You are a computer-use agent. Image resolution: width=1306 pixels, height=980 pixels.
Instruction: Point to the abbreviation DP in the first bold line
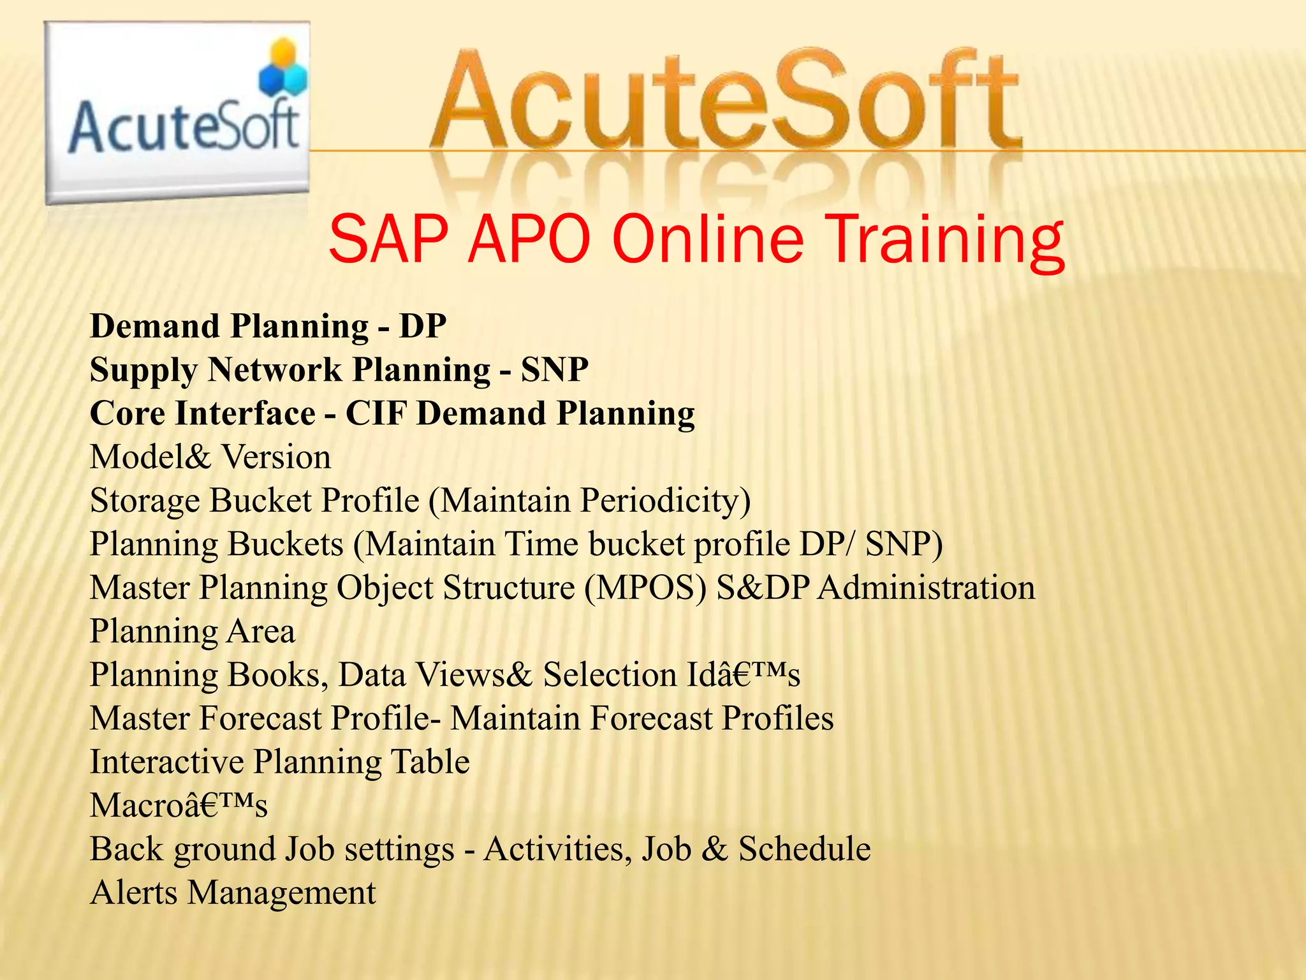(x=422, y=326)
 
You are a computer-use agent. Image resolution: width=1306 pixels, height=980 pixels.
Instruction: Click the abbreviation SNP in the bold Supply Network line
(x=554, y=369)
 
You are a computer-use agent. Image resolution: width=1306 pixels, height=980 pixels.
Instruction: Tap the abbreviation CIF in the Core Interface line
(x=376, y=413)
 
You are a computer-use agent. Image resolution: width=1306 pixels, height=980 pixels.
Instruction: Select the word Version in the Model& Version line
(x=275, y=457)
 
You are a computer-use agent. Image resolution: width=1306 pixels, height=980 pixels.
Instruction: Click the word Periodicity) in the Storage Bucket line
(x=665, y=500)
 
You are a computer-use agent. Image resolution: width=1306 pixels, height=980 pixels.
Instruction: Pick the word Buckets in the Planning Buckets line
(x=285, y=544)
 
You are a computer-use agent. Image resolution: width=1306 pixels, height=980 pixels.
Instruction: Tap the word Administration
(x=926, y=588)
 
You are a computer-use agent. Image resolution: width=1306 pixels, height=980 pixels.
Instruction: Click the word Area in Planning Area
(x=260, y=631)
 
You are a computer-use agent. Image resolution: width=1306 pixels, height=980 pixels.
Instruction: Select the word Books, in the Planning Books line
(x=277, y=675)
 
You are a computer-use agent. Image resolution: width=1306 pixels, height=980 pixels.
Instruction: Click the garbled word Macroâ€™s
(x=179, y=805)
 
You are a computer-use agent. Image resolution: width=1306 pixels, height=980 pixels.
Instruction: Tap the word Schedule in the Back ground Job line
(x=804, y=849)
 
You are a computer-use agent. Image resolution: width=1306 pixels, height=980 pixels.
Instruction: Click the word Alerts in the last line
(x=133, y=893)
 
